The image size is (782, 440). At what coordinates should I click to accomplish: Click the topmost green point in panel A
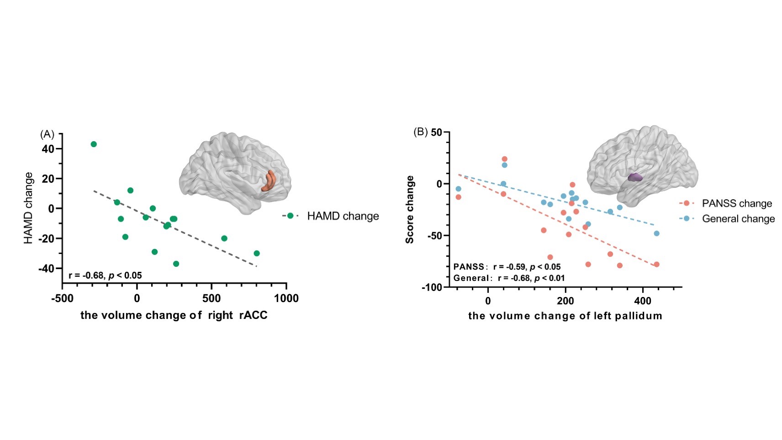point(94,144)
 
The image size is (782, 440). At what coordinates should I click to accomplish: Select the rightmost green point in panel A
point(257,253)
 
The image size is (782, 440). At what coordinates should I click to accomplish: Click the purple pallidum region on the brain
point(634,177)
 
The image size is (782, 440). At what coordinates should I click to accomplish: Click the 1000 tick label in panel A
point(286,299)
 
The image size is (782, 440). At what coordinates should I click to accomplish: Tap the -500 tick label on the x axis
point(62,299)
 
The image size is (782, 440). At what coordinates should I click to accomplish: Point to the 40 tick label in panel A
point(48,149)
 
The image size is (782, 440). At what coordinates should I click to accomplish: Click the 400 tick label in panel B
point(643,302)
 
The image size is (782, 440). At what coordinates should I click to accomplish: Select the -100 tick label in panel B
point(432,287)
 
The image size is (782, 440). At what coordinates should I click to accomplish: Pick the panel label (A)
point(48,134)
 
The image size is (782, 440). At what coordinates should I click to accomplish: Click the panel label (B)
point(420,132)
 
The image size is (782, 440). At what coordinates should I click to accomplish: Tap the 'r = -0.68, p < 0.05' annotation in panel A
point(105,276)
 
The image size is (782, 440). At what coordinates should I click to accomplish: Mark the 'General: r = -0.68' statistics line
point(509,278)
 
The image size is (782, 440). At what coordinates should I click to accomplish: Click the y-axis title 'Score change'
point(410,209)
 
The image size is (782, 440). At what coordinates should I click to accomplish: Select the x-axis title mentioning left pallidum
point(565,316)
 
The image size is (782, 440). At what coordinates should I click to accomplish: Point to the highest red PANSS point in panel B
point(504,159)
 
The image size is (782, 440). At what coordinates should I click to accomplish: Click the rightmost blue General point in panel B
point(656,233)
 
